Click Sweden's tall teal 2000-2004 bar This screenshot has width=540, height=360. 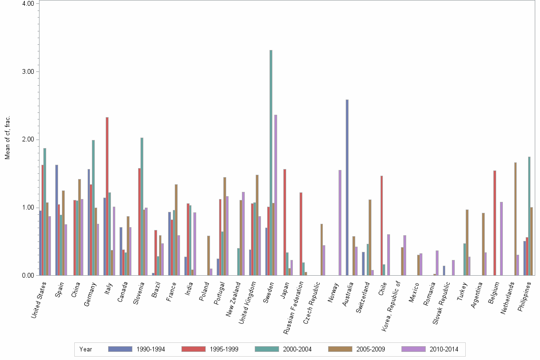271,162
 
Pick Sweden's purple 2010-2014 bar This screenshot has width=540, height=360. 276,195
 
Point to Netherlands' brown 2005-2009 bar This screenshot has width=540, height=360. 515,219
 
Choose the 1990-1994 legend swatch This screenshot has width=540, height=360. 120,349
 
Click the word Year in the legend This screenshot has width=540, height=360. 86,349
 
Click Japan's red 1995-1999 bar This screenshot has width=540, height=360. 285,222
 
